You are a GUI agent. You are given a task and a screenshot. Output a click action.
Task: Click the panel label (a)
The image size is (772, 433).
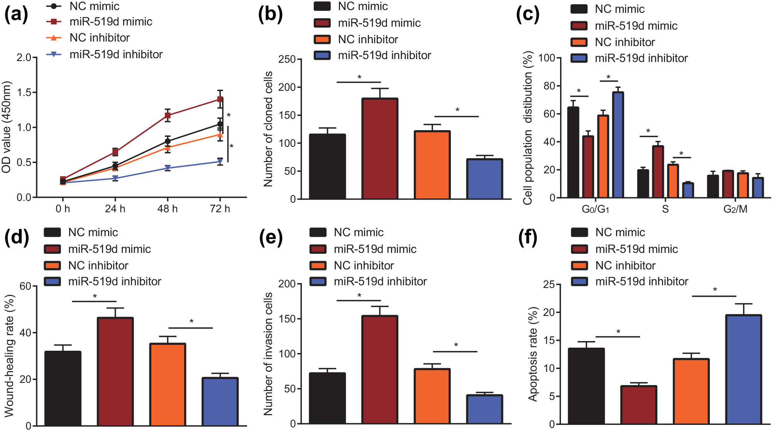click(x=16, y=14)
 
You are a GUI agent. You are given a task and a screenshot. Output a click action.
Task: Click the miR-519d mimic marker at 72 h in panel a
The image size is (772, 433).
click(x=220, y=99)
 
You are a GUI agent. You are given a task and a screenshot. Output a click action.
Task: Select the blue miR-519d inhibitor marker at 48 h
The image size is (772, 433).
click(x=168, y=168)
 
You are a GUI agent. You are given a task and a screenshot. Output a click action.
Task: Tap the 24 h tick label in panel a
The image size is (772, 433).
click(x=115, y=209)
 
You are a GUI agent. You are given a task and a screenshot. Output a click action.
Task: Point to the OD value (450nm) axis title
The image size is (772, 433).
click(x=6, y=127)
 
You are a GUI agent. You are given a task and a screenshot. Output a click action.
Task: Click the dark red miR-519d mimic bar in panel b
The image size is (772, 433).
click(x=380, y=149)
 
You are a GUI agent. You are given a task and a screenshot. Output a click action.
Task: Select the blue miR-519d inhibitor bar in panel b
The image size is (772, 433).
click(x=484, y=179)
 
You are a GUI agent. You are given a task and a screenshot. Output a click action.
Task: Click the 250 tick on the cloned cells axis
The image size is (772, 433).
click(x=287, y=59)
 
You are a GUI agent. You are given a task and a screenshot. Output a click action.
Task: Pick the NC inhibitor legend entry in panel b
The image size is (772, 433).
click(x=367, y=39)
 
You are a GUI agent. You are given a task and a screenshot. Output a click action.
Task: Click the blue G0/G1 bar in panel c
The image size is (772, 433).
click(x=618, y=145)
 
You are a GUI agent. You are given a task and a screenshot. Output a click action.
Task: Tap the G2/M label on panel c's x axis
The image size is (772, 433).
click(x=735, y=209)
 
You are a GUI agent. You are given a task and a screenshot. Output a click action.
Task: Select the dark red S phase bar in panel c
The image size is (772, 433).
click(x=658, y=172)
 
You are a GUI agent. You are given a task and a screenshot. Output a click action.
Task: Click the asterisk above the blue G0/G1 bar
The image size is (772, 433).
click(x=608, y=77)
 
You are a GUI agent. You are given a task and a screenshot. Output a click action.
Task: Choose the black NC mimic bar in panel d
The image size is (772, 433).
click(x=63, y=388)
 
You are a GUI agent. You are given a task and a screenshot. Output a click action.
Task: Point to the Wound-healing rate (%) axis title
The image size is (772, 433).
click(x=9, y=355)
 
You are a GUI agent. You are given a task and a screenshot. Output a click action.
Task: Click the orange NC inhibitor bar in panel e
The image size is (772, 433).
click(x=432, y=396)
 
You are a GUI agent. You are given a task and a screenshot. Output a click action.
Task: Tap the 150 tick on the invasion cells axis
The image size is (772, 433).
click(x=287, y=319)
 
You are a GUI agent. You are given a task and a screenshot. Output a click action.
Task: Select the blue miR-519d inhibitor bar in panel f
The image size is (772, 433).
click(x=743, y=370)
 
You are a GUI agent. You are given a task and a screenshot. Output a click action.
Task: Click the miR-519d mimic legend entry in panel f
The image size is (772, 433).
click(x=636, y=249)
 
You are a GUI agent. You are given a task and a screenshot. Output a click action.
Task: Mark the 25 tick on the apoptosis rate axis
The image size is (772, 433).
click(x=549, y=285)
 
